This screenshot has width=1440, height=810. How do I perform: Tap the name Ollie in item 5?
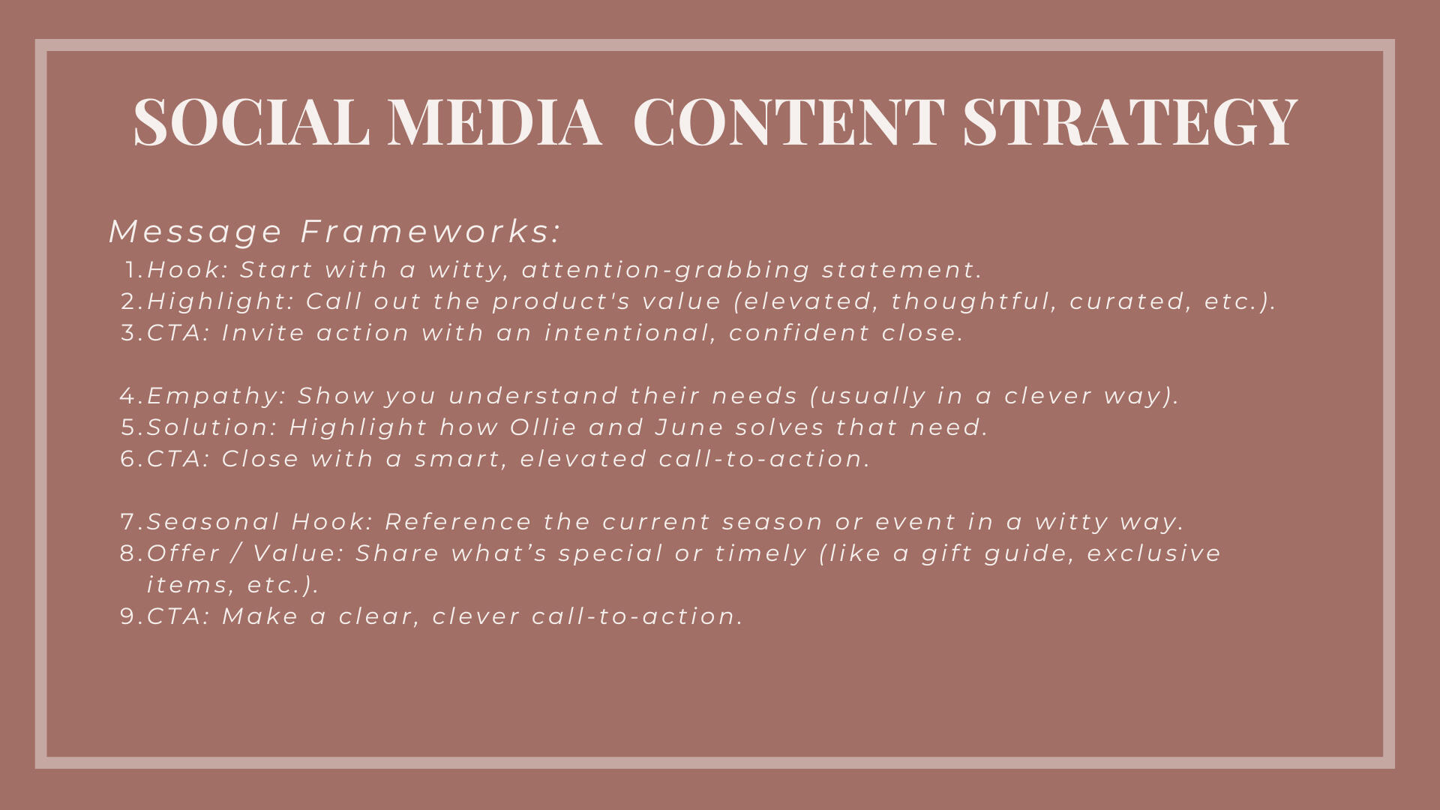coord(543,427)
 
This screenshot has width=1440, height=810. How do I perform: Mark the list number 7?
coord(133,521)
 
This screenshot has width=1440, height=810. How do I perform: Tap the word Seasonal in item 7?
coord(213,521)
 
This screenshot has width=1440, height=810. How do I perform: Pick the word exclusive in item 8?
coord(1154,553)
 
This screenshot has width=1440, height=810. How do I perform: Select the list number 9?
coord(133,616)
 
